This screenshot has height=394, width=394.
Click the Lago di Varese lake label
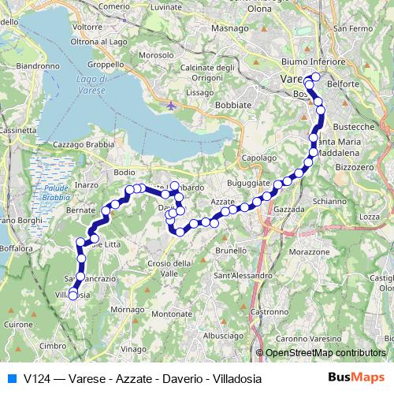point(94,85)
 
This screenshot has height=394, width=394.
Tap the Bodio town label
point(125,172)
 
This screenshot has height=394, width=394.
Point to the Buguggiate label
point(248,183)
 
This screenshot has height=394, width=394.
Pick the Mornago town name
point(125,310)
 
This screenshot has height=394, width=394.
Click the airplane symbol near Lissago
point(171,105)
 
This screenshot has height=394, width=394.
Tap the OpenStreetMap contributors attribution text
point(326,353)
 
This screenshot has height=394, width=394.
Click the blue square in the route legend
point(11,377)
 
